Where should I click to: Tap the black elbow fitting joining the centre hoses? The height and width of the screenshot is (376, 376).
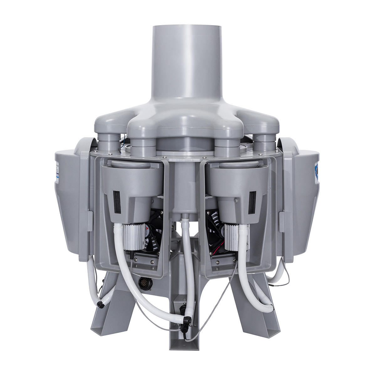(x=187, y=321)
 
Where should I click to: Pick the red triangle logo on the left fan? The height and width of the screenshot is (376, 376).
(x=148, y=232)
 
